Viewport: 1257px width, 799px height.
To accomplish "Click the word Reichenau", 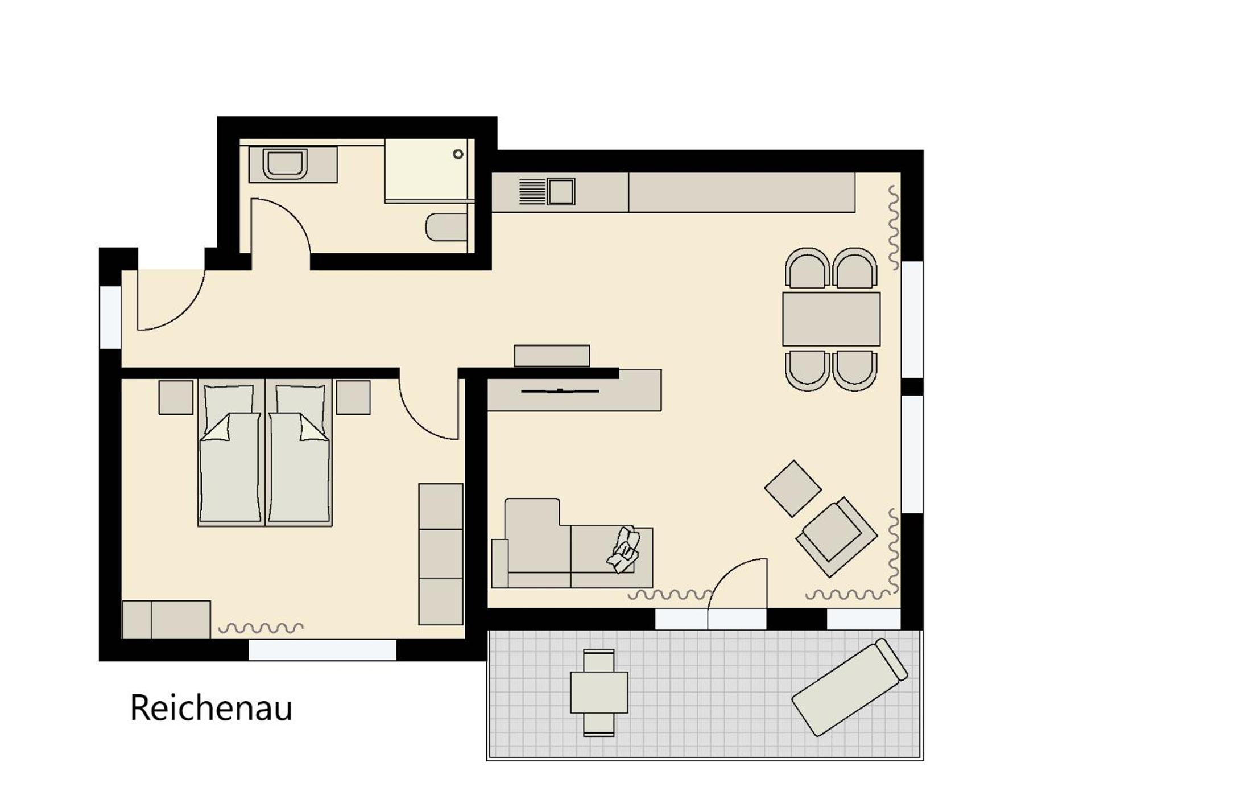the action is [x=211, y=708].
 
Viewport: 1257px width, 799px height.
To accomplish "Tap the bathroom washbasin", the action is [x=285, y=164].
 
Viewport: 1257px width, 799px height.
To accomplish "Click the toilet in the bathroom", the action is [x=446, y=227].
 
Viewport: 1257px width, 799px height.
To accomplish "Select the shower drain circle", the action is [x=458, y=154].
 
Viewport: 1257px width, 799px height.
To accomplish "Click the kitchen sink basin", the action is [x=561, y=191].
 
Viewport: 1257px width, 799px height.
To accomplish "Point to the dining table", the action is [x=831, y=319].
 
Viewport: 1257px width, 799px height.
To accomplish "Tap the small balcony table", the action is [x=599, y=693].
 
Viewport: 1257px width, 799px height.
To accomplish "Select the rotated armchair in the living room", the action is [x=836, y=537].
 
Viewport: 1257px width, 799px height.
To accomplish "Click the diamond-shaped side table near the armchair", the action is [x=792, y=489].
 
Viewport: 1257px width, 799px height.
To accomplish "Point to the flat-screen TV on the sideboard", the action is [x=560, y=391].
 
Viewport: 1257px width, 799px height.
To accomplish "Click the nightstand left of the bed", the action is [x=176, y=397].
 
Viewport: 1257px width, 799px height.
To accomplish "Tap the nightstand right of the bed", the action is [x=353, y=397].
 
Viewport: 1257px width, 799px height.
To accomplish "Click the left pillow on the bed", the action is [x=229, y=405].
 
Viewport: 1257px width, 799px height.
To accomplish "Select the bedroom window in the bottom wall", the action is [x=322, y=649].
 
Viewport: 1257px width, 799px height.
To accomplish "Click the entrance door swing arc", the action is [x=185, y=312].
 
